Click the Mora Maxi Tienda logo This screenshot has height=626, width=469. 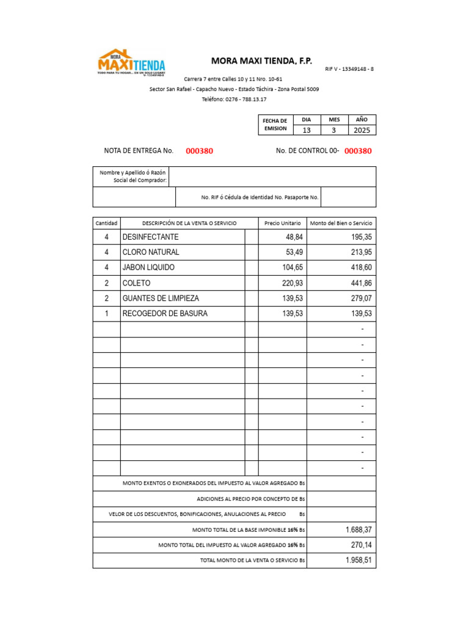point(131,62)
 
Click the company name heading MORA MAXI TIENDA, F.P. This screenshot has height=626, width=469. point(261,61)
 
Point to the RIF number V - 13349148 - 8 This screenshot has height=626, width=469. point(349,69)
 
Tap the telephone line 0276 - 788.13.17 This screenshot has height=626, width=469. point(234,99)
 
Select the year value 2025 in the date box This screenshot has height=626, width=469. point(362,130)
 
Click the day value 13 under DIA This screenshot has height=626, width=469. point(307,130)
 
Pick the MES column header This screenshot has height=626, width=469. point(334,120)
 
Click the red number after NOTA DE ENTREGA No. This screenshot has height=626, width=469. point(199,151)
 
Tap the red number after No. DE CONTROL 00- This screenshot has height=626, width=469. point(358,151)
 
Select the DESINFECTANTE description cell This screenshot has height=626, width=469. point(151,237)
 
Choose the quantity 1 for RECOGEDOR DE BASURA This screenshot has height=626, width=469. point(107,314)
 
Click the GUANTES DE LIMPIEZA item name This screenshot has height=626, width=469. point(161,298)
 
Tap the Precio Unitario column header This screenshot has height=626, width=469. point(282,223)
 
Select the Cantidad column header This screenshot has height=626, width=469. point(107,223)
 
